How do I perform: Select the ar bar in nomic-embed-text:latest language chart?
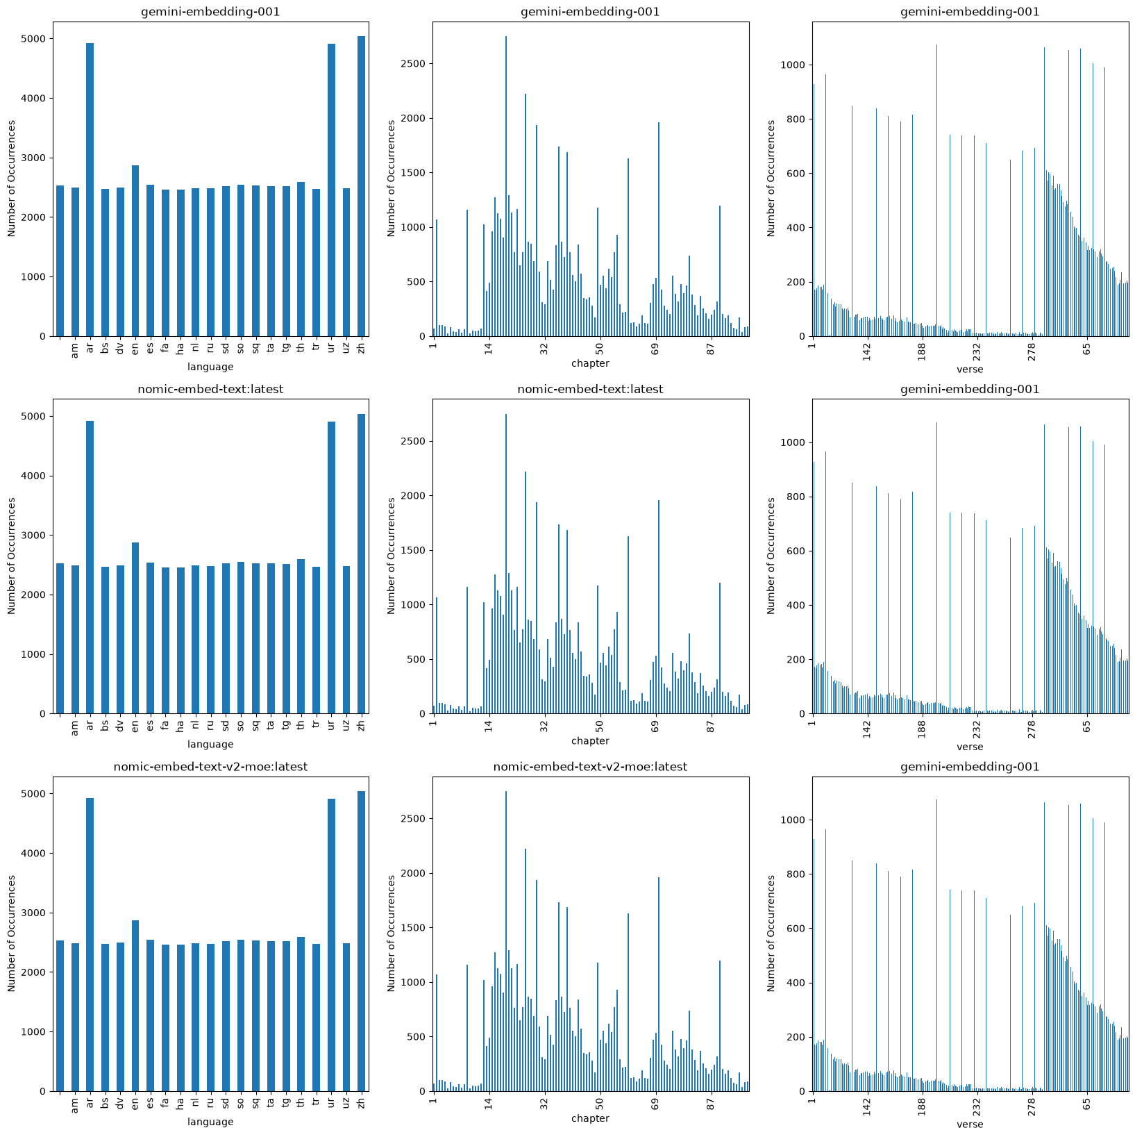coord(90,567)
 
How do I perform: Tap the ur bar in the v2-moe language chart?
coord(331,945)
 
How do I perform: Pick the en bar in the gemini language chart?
coord(135,251)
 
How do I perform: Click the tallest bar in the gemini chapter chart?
coord(506,186)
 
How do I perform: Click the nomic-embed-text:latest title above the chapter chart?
coord(590,390)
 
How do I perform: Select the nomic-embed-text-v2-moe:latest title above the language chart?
coord(210,767)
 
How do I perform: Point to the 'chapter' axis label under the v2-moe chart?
coord(590,1118)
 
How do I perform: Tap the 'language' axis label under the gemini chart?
coord(210,367)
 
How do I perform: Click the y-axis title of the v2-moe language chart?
coord(12,933)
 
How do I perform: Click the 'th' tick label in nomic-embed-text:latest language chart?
coord(301,725)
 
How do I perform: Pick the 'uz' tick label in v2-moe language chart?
coord(346,1103)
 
